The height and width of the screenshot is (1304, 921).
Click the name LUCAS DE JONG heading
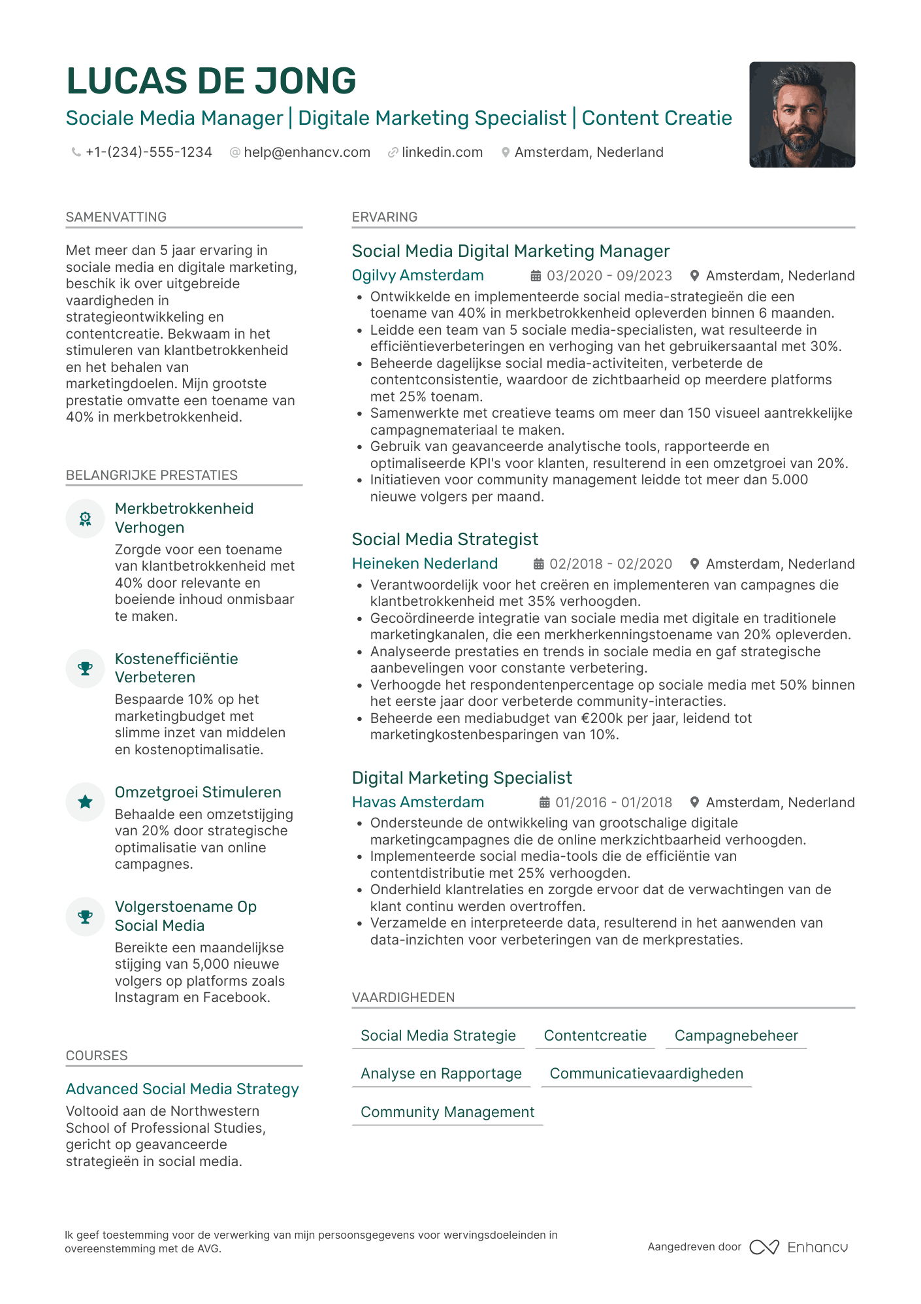click(x=211, y=81)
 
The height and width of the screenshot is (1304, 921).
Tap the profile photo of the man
click(x=801, y=115)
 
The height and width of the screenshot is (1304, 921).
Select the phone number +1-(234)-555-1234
click(x=148, y=152)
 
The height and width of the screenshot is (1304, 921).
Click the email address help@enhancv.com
click(x=306, y=152)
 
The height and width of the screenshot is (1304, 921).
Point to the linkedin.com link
click(x=442, y=152)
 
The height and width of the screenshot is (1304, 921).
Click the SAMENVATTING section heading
click(x=116, y=217)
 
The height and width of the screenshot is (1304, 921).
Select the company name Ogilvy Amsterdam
click(x=417, y=275)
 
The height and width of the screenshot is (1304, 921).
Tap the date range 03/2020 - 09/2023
click(x=609, y=276)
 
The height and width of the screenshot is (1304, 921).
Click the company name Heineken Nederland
click(x=425, y=563)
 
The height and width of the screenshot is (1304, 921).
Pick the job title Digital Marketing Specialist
click(x=462, y=778)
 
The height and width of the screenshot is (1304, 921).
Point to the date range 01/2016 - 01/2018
click(x=613, y=803)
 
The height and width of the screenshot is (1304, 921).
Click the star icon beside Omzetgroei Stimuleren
click(x=86, y=802)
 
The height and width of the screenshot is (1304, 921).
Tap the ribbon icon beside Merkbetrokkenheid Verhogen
click(x=86, y=519)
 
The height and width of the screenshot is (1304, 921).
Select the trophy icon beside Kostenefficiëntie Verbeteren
click(x=86, y=669)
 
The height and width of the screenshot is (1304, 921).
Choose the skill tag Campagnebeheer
click(x=736, y=1035)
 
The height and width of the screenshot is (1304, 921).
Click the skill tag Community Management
click(x=447, y=1112)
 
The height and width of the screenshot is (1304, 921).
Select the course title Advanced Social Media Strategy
click(x=182, y=1089)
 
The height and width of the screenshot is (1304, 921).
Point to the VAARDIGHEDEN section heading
click(x=403, y=997)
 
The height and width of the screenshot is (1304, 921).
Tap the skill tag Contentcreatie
click(x=595, y=1035)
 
